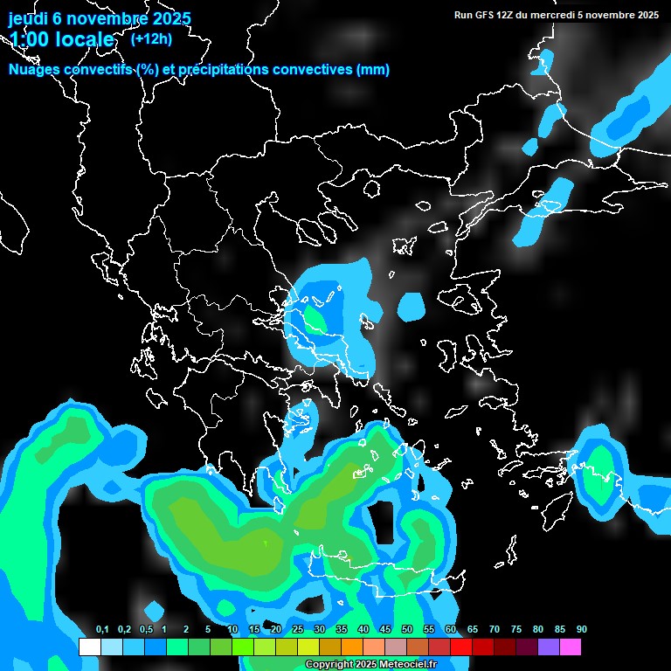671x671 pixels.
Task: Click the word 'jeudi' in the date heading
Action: pos(28,18)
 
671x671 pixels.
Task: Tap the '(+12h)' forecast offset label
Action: pos(151,38)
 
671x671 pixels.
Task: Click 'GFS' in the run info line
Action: pos(484,15)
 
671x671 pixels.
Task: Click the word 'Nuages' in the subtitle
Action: pos(34,70)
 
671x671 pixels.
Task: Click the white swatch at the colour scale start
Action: pos(89,647)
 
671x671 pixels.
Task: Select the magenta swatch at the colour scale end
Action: pos(570,647)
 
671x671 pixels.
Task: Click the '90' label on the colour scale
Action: pos(581,630)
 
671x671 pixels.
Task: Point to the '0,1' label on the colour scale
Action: pos(101,630)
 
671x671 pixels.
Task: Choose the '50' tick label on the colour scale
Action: pos(407,630)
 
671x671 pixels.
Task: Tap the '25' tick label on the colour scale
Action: pos(298,630)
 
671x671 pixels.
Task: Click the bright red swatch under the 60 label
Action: pos(460,647)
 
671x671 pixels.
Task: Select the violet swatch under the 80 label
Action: pos(548,647)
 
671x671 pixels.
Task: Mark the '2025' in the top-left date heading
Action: pos(168,18)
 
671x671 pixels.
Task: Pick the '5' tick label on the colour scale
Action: pos(208,630)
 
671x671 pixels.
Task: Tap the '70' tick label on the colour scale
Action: pos(495,630)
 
